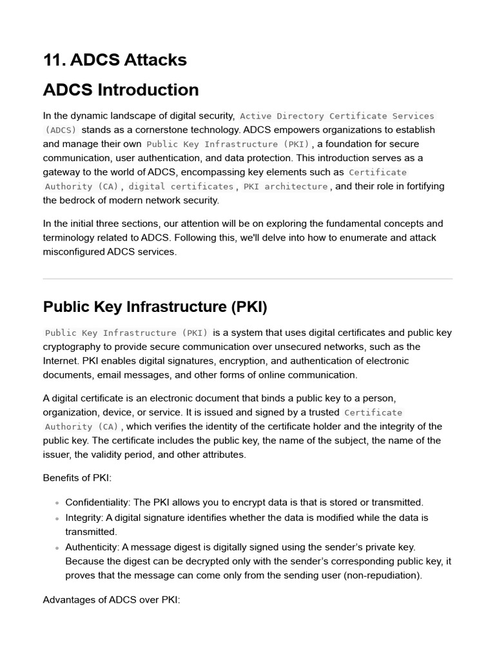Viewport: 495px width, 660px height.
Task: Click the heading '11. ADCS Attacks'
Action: point(115,60)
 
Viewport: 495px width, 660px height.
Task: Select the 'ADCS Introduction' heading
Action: point(121,90)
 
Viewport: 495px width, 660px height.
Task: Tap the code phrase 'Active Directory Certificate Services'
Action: point(337,116)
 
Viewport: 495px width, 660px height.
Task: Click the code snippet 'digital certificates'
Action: point(181,186)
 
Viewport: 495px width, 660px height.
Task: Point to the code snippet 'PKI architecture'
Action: point(286,186)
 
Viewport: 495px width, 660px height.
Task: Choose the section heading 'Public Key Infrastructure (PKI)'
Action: point(155,307)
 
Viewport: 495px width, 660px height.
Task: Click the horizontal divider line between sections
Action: point(247,279)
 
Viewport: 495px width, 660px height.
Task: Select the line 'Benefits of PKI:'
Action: point(77,478)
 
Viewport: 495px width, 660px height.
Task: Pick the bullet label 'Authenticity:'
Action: point(92,547)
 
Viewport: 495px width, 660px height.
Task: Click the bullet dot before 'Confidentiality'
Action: point(57,503)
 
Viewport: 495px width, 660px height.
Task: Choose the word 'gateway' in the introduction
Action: point(62,172)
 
